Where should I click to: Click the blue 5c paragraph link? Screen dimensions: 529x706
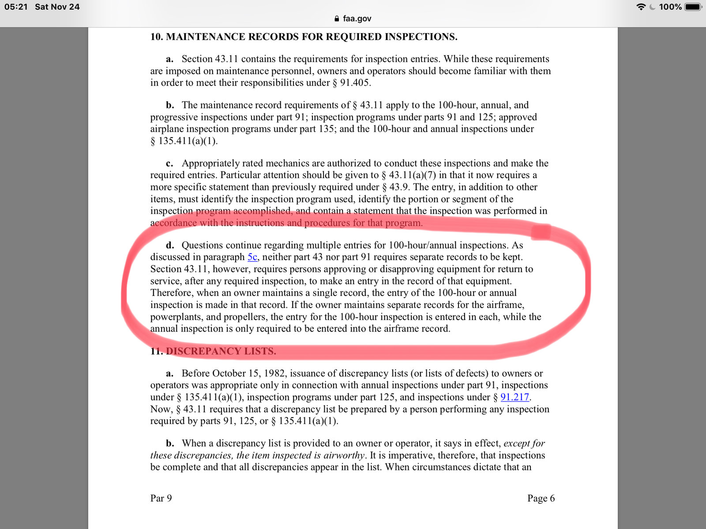[252, 257]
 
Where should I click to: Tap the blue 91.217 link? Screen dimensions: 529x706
[514, 397]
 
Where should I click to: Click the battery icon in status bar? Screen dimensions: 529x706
[692, 7]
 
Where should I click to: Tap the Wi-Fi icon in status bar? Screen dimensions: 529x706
[641, 7]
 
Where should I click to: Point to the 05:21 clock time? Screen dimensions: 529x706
[16, 7]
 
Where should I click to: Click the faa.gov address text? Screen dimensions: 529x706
[357, 19]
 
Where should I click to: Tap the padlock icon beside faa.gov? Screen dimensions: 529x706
[337, 19]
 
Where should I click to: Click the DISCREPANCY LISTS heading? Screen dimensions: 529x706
[221, 351]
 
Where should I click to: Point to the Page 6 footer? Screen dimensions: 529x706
[541, 498]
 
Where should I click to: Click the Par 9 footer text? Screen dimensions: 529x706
[161, 498]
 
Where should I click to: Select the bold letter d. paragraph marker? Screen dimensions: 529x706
[170, 246]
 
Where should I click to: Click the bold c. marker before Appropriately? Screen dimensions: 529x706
[169, 164]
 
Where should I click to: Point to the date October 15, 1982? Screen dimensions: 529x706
[250, 373]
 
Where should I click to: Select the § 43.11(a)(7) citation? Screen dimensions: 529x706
[409, 175]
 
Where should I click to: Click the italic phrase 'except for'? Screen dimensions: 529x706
[524, 443]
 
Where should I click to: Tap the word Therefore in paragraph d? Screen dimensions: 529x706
[172, 293]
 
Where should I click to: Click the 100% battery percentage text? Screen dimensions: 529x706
[670, 7]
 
